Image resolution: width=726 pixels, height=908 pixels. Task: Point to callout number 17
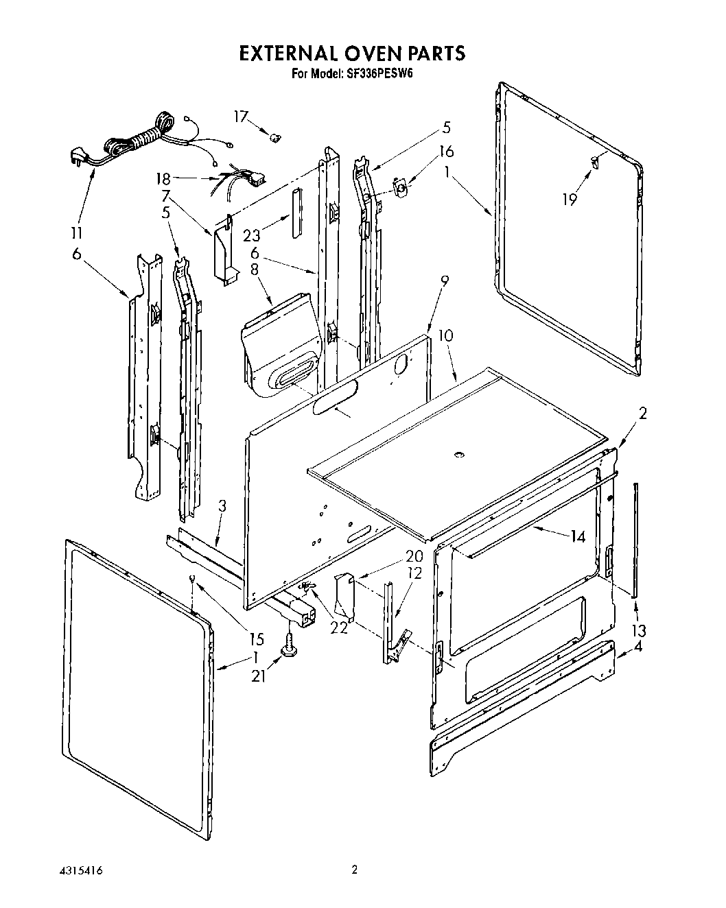click(240, 117)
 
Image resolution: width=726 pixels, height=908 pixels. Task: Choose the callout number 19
click(570, 199)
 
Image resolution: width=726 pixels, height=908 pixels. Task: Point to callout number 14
click(578, 536)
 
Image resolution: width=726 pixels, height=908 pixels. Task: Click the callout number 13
click(639, 630)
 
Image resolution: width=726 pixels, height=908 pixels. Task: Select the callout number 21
click(258, 677)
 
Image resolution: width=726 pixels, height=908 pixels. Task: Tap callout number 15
click(257, 639)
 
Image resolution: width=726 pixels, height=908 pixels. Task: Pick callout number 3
click(222, 508)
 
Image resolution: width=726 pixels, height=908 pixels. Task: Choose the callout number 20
click(394, 555)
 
